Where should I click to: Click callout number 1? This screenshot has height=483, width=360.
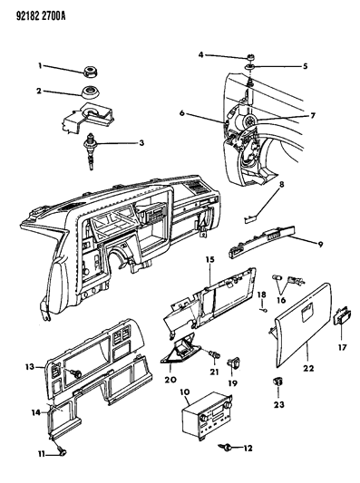[40, 65]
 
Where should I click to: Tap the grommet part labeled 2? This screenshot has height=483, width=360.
[92, 92]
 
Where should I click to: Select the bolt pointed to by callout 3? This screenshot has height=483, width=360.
[92, 150]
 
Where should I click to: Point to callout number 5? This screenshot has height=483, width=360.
[305, 66]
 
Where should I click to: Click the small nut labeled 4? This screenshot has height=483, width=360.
[251, 57]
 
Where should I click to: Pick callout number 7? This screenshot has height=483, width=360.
[313, 116]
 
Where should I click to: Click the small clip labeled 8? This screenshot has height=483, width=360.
[249, 219]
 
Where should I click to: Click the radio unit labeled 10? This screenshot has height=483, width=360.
[207, 412]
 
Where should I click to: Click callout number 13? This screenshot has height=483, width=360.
[30, 367]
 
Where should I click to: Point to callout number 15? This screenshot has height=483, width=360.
[210, 260]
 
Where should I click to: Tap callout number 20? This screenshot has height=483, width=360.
[170, 380]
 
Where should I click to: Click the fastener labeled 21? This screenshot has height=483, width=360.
[215, 354]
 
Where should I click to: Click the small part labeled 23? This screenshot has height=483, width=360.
[277, 382]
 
